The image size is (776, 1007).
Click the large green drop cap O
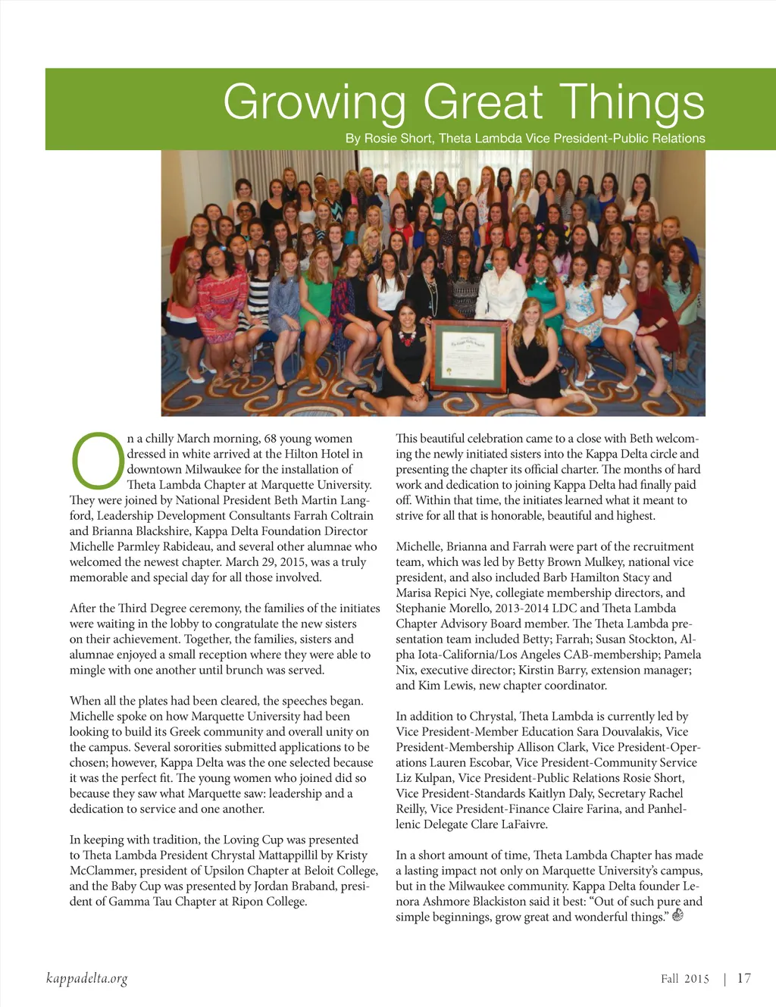pyautogui.click(x=97, y=461)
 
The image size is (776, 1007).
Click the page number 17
pyautogui.click(x=744, y=978)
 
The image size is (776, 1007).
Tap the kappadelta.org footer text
pyautogui.click(x=86, y=978)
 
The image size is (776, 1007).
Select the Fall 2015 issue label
pyautogui.click(x=684, y=979)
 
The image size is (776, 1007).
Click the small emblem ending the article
pyautogui.click(x=678, y=915)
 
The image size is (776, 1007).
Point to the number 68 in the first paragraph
pyautogui.click(x=270, y=439)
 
